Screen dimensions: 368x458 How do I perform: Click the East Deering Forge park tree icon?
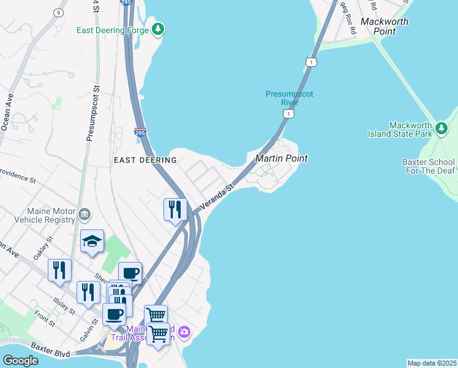159,29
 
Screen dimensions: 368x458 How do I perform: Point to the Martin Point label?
281,158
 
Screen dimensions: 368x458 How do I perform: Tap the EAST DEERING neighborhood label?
145,160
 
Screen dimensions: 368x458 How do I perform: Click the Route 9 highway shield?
58,12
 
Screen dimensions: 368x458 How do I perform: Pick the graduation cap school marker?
92,240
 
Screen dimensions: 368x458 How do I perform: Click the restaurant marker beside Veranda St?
175,209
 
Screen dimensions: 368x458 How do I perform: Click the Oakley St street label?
43,248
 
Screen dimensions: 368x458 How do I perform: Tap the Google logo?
20,361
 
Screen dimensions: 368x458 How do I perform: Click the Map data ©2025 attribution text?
432,363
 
